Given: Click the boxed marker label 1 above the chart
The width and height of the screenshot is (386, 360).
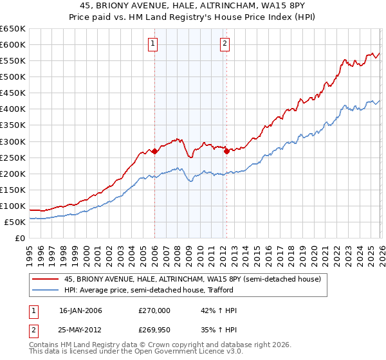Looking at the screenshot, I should pos(154,44).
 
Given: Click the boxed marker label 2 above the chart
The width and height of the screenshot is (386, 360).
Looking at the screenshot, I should pos(225,44).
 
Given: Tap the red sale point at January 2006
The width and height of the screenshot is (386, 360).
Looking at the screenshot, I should pos(154,151).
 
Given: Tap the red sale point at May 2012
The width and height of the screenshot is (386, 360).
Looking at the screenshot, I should pos(226,151).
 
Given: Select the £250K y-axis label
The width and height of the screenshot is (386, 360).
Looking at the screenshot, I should pos(13,157).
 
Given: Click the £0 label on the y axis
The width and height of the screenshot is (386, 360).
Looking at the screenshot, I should pos(19,238).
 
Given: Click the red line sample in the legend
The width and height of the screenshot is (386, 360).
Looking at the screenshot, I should pos(46,279).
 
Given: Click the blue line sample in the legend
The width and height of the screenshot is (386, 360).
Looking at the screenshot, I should pos(46,291).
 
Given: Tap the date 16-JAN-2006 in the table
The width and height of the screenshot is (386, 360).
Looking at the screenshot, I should pos(80,310).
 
